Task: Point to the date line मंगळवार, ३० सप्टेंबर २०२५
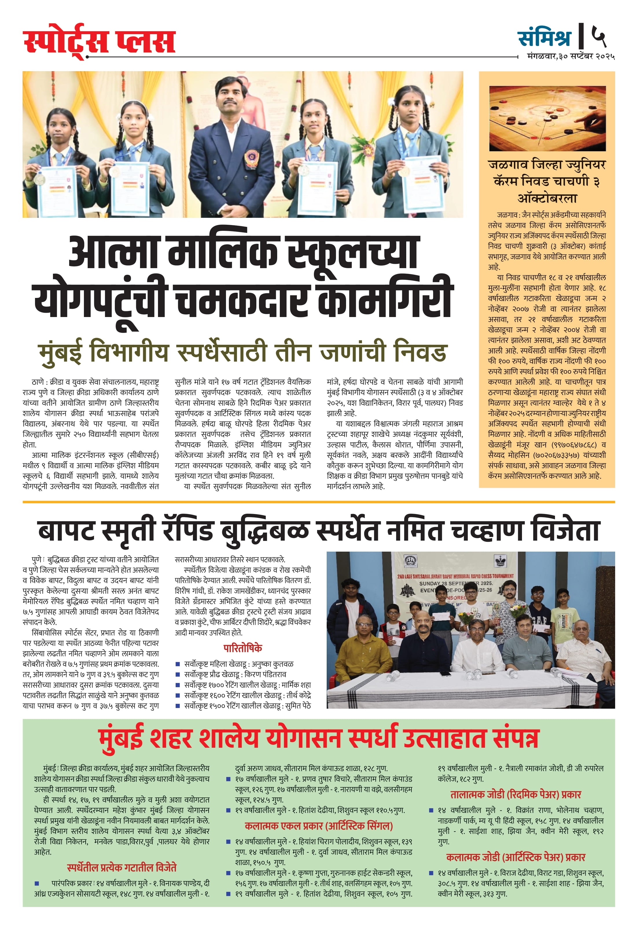(571, 57)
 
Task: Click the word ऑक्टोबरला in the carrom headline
(547, 198)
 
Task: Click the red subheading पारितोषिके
(242, 648)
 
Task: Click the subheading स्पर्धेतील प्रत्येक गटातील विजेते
(122, 867)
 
